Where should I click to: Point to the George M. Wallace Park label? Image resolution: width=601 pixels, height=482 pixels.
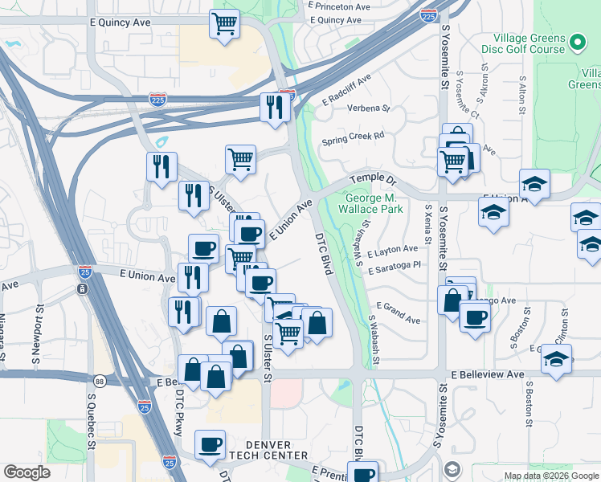coord(374,203)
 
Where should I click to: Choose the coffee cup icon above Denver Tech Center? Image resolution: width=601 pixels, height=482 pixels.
coord(210,443)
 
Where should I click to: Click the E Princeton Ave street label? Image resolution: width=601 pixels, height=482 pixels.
coord(339,6)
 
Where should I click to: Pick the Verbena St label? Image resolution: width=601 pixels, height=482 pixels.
coord(368,108)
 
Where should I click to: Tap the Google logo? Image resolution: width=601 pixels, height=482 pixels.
coord(27,472)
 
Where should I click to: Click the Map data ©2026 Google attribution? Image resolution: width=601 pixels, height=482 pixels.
coord(550,476)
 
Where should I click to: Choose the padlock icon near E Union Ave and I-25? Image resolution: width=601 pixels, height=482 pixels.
coord(82,288)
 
